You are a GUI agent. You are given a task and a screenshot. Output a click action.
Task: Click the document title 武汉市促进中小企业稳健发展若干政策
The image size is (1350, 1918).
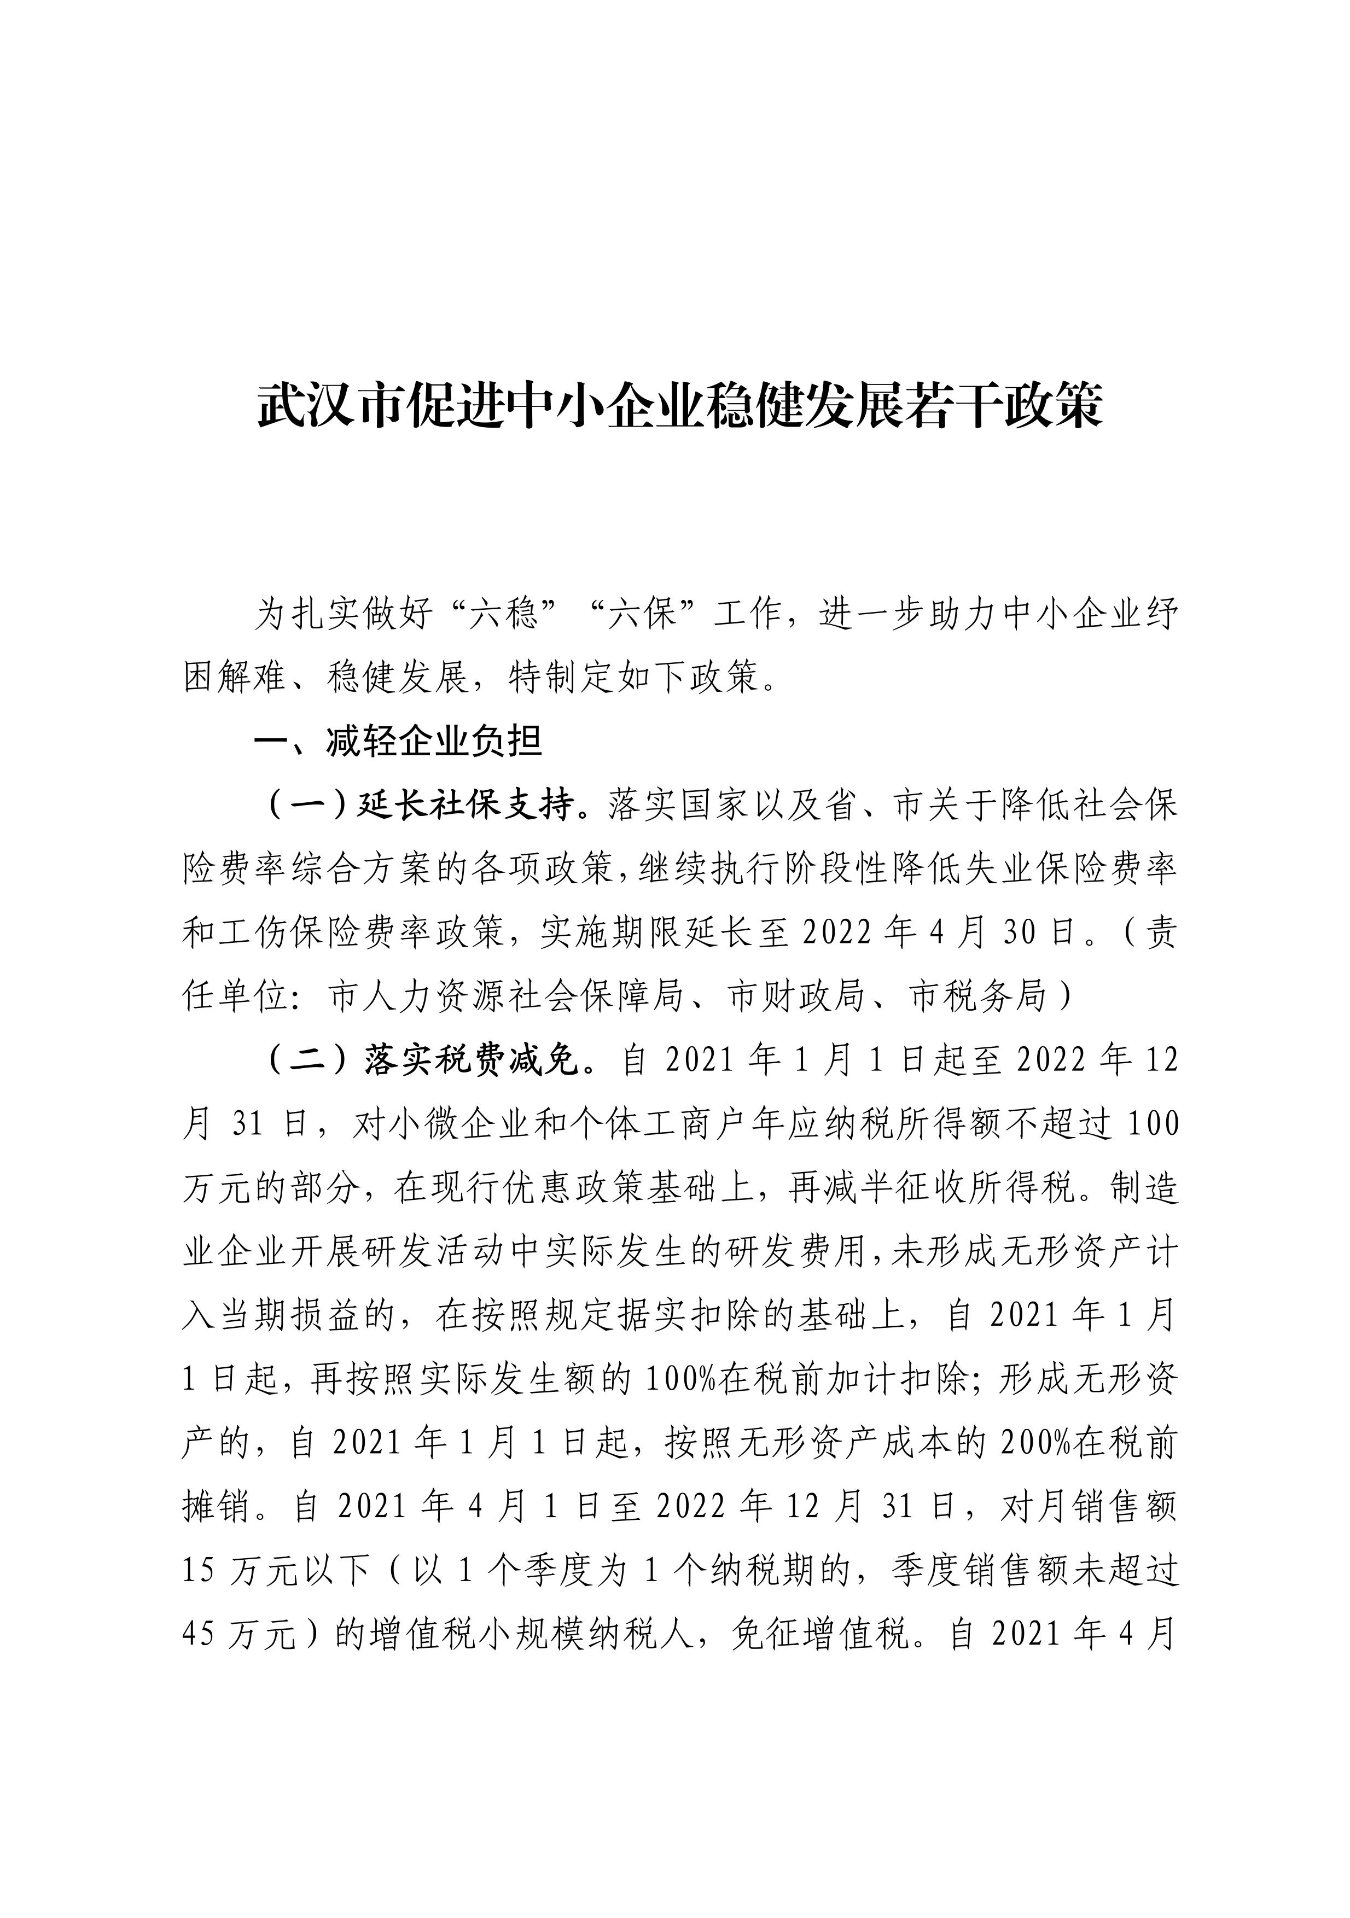click(679, 407)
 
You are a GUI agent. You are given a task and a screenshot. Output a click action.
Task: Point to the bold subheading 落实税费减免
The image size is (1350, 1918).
click(471, 1060)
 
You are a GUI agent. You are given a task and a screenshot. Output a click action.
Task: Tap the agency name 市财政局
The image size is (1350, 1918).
click(795, 996)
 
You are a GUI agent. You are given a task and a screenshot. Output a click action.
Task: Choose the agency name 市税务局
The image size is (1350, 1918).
click(977, 996)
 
